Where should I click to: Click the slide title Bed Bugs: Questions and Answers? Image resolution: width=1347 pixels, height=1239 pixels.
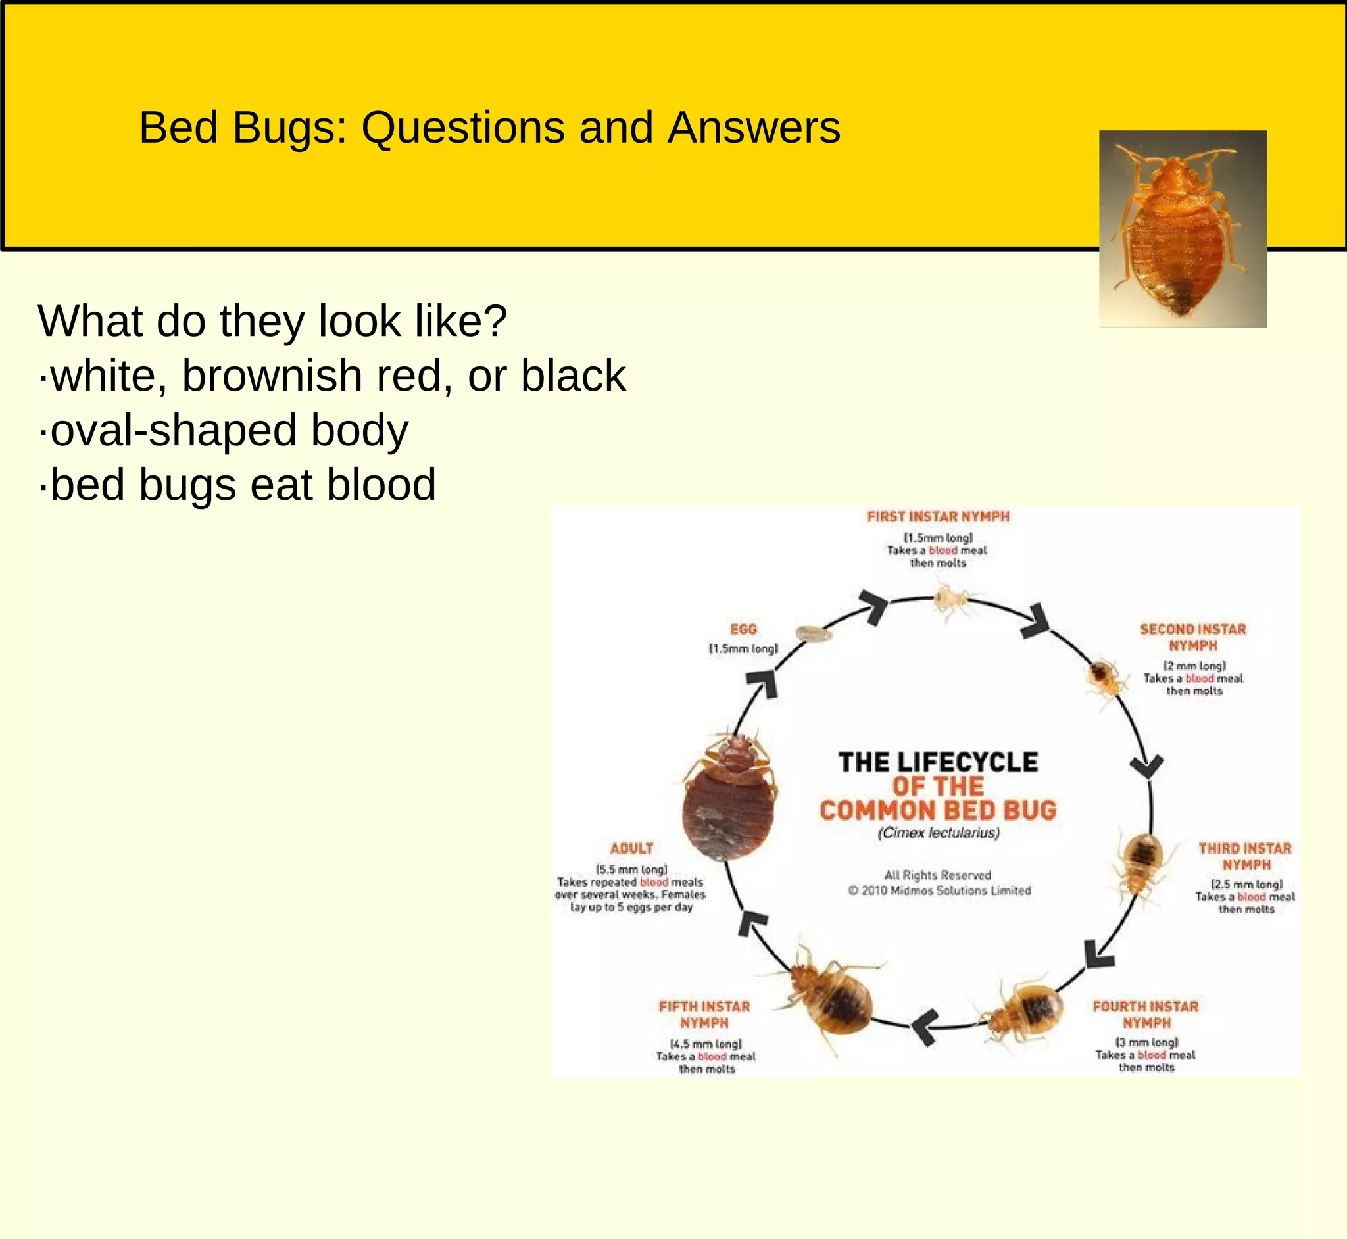pyautogui.click(x=489, y=128)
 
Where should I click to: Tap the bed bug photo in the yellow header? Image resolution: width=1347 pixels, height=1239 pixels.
pyautogui.click(x=1183, y=228)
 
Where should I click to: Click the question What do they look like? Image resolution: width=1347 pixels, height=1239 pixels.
pyautogui.click(x=272, y=321)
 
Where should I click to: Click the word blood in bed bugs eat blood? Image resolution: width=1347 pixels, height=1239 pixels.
pyautogui.click(x=380, y=484)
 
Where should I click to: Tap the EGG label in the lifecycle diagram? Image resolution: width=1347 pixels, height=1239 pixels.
pyautogui.click(x=743, y=629)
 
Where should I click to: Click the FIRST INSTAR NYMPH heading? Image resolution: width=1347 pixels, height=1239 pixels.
pyautogui.click(x=937, y=516)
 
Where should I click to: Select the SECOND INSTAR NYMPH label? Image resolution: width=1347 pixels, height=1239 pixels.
pyautogui.click(x=1193, y=637)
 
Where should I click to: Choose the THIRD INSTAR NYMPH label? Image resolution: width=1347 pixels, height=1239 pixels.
pyautogui.click(x=1245, y=856)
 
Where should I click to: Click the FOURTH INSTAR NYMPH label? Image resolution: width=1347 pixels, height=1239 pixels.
pyautogui.click(x=1145, y=1014)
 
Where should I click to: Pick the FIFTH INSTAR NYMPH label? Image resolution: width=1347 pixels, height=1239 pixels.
pyautogui.click(x=704, y=1014)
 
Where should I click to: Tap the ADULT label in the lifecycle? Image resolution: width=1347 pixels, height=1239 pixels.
pyautogui.click(x=631, y=848)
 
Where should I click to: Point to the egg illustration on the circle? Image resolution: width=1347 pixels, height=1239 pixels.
pyautogui.click(x=814, y=631)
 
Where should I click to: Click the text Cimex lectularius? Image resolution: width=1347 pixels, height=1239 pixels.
pyautogui.click(x=938, y=833)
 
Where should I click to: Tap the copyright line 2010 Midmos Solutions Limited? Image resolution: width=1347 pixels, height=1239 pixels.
pyautogui.click(x=939, y=890)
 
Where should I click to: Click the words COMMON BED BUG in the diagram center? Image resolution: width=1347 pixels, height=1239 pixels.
pyautogui.click(x=938, y=810)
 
